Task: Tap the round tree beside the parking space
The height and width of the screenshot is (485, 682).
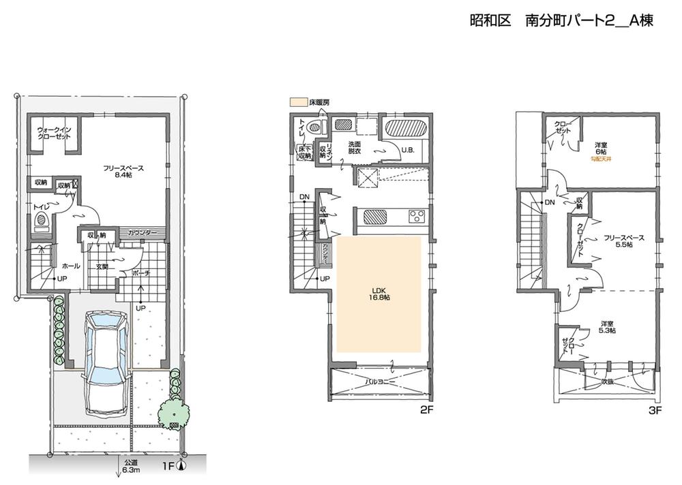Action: point(173,412)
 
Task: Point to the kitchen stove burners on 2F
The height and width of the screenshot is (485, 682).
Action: point(415,217)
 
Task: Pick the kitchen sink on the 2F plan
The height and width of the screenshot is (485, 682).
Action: point(375,217)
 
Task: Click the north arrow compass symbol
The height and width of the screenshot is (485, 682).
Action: point(181,467)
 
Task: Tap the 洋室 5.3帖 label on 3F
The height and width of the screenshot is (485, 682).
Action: point(607,326)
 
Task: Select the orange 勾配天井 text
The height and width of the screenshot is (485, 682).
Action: point(602,159)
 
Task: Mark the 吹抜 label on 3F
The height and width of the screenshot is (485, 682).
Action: point(607,383)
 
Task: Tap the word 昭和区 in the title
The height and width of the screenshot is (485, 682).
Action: point(490,21)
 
